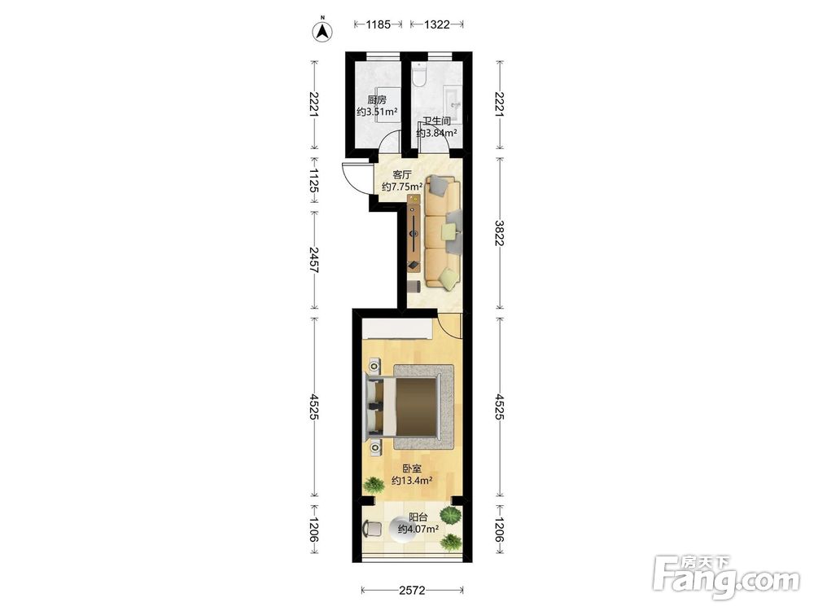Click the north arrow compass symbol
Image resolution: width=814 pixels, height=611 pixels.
(322, 31)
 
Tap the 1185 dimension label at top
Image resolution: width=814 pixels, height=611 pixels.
(378, 24)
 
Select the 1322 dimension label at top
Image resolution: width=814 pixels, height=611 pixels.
(436, 24)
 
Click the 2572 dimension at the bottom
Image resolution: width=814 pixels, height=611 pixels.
(412, 590)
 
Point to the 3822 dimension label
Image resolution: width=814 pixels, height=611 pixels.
(499, 233)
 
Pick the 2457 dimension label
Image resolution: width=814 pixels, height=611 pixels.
(313, 261)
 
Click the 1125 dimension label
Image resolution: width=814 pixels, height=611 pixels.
(313, 180)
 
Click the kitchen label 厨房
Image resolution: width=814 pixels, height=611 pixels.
(377, 99)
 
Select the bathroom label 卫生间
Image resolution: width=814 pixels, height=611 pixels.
(436, 121)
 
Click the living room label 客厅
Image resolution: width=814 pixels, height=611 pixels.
(402, 174)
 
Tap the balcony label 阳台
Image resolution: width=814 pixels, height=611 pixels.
(418, 517)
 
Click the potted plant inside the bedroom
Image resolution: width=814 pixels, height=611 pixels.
(373, 486)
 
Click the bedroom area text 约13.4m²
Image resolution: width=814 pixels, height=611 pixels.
(412, 481)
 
